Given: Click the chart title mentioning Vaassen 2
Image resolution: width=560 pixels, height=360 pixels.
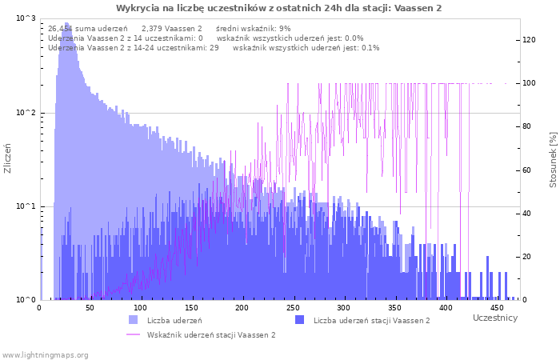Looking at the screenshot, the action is click(x=278, y=8).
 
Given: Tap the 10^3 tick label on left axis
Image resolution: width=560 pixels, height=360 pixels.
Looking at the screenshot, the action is click(x=26, y=18).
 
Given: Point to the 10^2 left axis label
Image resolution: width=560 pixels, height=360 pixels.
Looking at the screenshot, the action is click(x=26, y=113).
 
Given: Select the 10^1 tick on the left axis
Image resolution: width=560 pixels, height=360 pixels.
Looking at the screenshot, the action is click(x=26, y=206).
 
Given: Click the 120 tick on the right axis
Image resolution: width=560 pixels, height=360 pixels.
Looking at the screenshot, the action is click(x=529, y=40).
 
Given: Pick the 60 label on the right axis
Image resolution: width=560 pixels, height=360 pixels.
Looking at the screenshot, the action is click(x=526, y=170).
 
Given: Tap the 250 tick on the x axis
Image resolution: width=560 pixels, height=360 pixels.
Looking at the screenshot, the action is click(x=294, y=308).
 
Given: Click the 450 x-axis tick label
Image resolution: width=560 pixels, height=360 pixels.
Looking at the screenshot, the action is click(x=497, y=308).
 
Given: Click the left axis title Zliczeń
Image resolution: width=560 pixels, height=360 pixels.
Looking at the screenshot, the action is click(x=7, y=158).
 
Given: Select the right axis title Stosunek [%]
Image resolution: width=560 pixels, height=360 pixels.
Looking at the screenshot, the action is click(x=554, y=160).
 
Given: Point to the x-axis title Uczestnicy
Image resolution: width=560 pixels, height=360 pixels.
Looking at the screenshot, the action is click(x=495, y=318).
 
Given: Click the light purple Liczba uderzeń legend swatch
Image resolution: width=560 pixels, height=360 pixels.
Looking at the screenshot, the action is click(x=133, y=320).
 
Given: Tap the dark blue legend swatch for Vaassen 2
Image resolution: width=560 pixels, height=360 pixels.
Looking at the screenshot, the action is click(x=299, y=320).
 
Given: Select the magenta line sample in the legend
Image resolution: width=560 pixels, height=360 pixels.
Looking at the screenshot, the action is click(x=133, y=334).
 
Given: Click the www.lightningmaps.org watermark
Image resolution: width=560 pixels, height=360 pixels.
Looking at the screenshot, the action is click(x=45, y=355).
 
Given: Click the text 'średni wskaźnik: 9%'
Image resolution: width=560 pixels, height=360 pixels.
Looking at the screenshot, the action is click(x=254, y=29).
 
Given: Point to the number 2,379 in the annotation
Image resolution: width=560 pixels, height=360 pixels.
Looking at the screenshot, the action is click(x=153, y=29).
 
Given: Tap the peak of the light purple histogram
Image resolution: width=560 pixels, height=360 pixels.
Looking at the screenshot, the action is click(x=66, y=23).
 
